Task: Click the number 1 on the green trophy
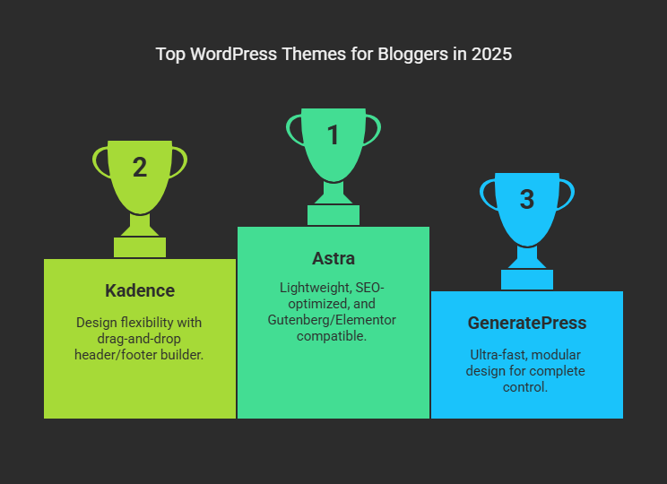click(x=333, y=134)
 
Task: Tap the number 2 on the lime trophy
click(x=140, y=167)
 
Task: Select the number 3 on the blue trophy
click(x=527, y=199)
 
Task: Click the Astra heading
click(x=333, y=259)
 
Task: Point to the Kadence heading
click(x=140, y=291)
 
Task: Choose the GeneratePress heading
click(x=527, y=324)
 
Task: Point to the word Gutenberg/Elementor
click(x=332, y=320)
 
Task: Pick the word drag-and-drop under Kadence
click(x=139, y=340)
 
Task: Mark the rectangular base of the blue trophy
click(x=527, y=280)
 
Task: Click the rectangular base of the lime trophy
click(x=140, y=247)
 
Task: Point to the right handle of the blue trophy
click(x=567, y=195)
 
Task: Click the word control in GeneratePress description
click(x=525, y=387)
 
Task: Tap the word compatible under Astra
click(x=332, y=336)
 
